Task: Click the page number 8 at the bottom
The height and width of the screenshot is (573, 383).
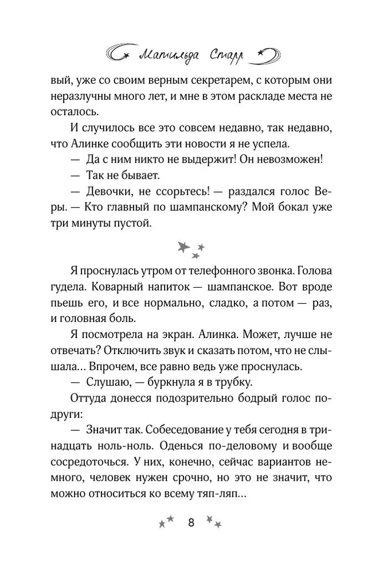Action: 191,522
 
